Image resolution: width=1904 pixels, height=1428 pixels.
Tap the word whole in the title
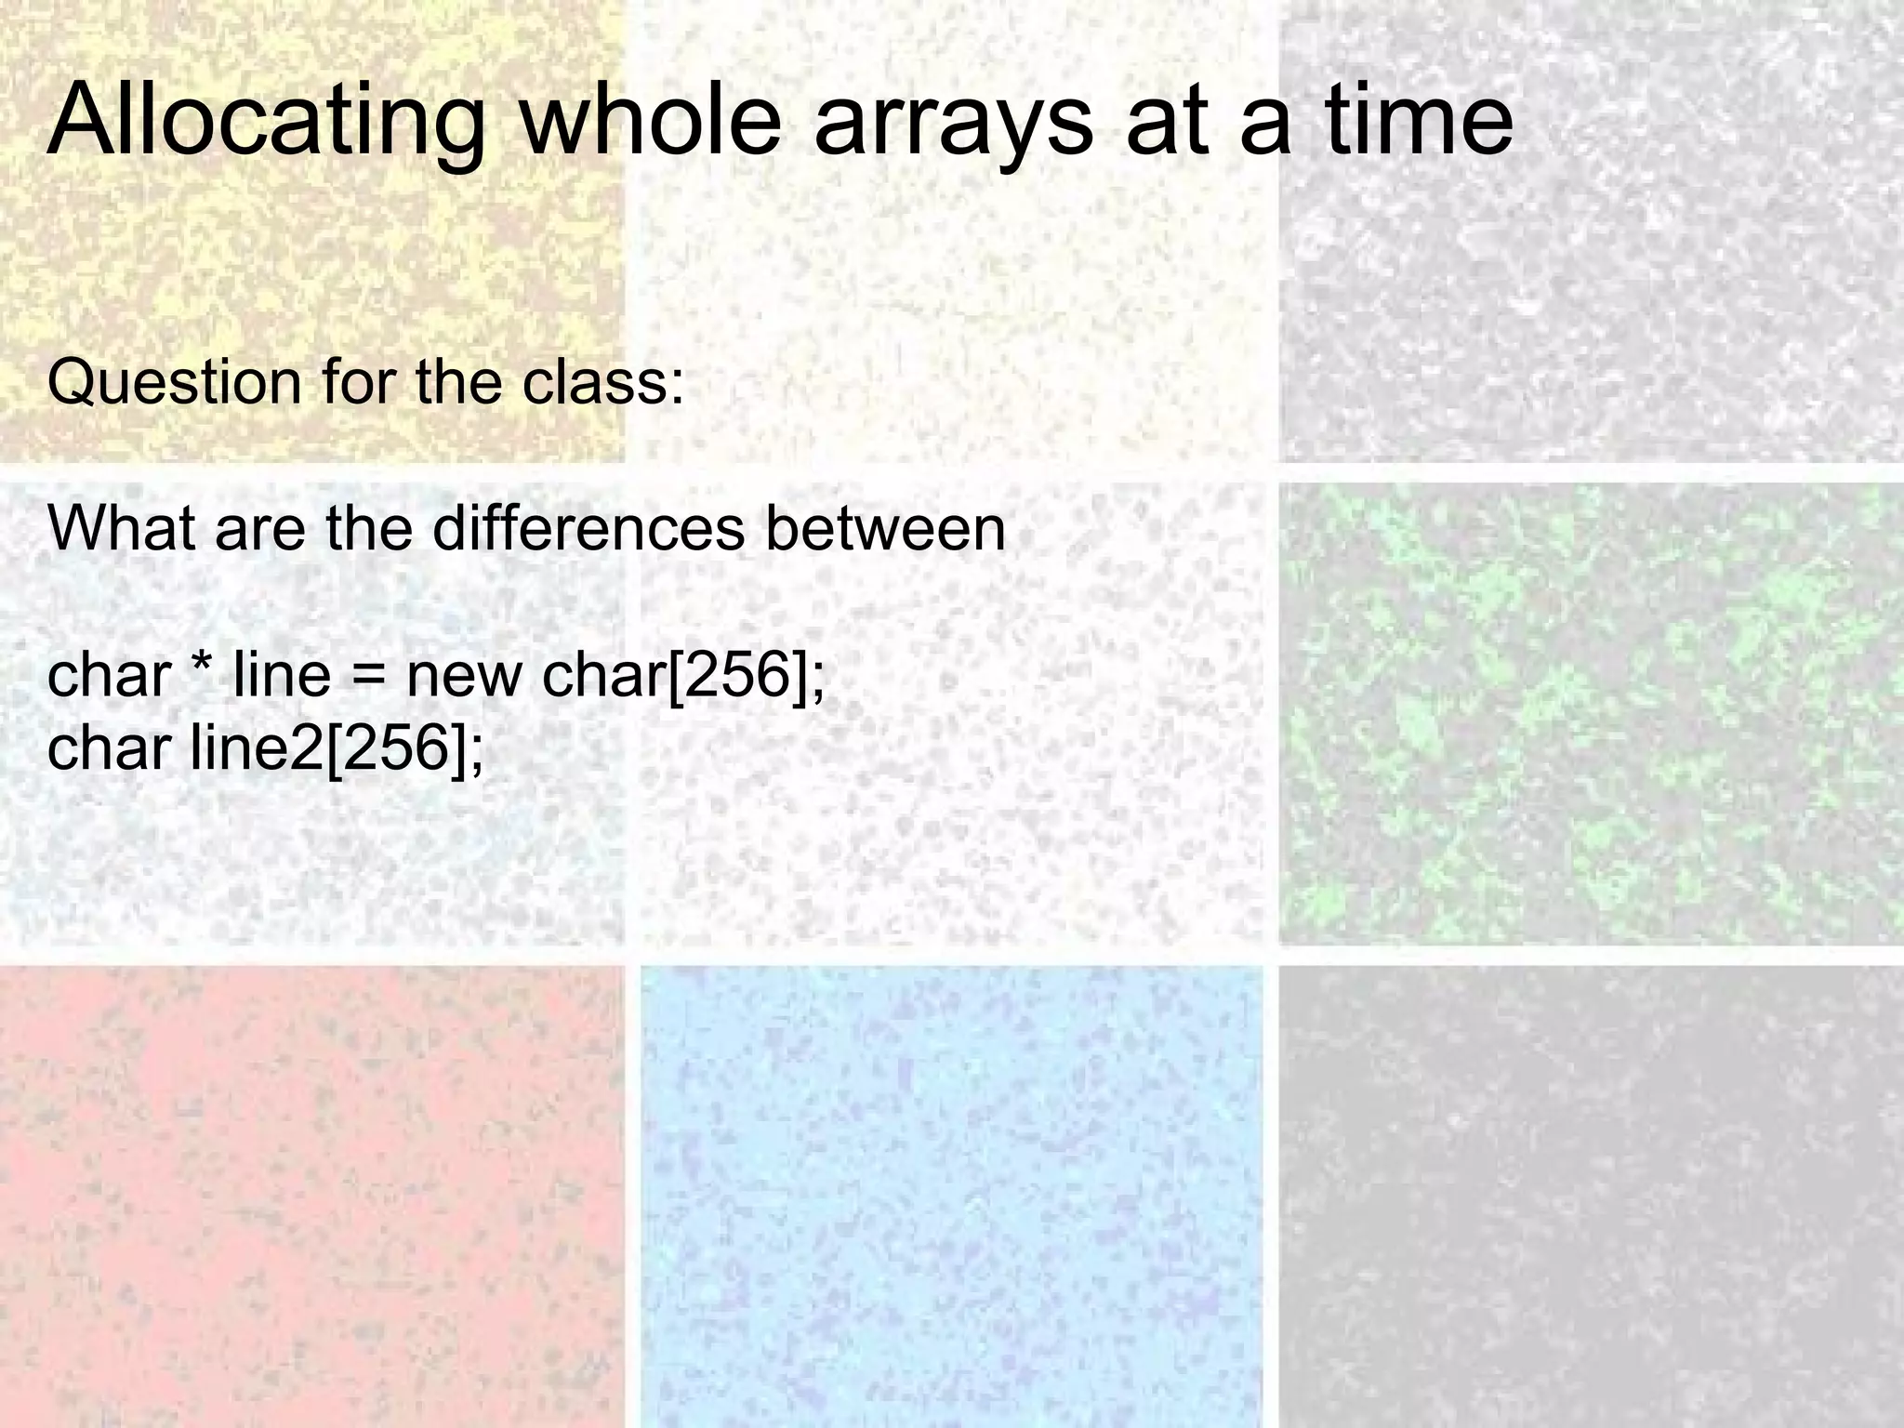[x=650, y=121]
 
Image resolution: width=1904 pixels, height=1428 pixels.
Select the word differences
[x=588, y=528]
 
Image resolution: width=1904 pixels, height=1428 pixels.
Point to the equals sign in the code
[x=368, y=676]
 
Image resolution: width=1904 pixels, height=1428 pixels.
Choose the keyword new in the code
[x=464, y=676]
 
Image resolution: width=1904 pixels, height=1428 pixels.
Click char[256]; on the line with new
[x=682, y=676]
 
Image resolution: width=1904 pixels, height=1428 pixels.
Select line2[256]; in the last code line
[x=337, y=748]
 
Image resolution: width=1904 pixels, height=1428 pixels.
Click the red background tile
[x=311, y=1199]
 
